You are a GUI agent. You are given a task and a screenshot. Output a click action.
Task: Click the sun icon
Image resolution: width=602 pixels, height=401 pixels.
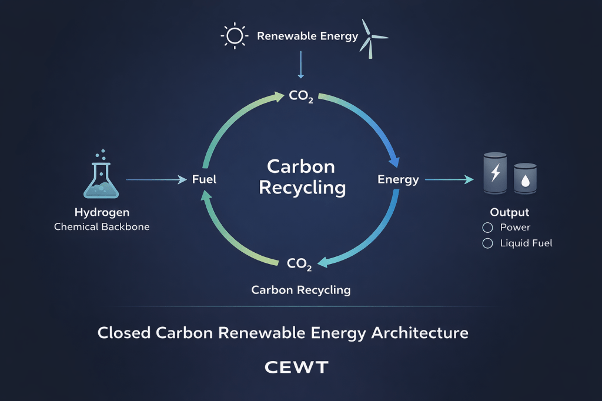234,36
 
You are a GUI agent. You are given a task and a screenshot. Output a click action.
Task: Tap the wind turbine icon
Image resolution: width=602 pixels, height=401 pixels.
373,36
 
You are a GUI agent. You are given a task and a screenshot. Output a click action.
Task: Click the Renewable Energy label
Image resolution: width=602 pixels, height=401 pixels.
307,36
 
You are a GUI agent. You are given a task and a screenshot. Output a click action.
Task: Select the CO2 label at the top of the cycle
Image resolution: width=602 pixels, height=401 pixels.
301,96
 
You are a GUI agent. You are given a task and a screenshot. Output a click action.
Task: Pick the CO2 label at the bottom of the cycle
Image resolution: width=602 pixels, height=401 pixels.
299,264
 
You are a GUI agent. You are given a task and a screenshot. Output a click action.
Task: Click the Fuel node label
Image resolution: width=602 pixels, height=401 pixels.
205,179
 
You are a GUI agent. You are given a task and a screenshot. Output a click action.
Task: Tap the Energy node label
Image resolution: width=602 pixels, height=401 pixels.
398,179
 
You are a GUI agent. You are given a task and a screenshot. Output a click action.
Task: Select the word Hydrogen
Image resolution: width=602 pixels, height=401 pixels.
102,212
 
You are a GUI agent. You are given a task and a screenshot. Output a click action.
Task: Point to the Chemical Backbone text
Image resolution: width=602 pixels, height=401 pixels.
102,226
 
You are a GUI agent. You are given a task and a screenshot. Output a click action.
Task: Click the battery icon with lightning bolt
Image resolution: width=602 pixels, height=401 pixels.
494,173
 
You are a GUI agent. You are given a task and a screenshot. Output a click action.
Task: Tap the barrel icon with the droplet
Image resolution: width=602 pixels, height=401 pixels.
525,178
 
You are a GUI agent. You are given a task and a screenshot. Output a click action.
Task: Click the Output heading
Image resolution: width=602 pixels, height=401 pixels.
510,212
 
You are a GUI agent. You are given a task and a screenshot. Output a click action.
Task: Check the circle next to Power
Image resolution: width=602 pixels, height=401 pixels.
487,228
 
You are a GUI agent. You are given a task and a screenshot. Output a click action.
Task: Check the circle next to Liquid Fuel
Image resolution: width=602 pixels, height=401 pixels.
487,243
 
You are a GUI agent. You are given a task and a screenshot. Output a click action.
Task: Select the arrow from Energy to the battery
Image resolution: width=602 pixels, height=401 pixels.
449,179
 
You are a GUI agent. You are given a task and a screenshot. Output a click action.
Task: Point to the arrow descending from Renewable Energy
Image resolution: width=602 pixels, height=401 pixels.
301,65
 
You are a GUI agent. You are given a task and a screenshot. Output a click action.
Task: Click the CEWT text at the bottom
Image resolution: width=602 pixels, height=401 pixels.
296,368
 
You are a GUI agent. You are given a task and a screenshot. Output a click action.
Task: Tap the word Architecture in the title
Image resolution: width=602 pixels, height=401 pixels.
419,333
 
